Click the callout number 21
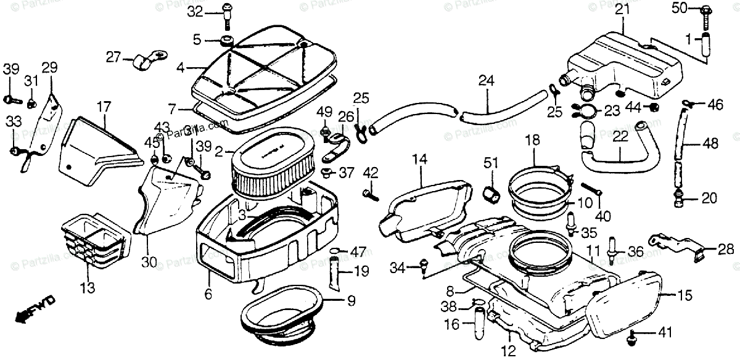pyautogui.click(x=622, y=9)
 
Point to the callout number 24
pyautogui.click(x=486, y=80)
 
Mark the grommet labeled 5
pyautogui.click(x=226, y=41)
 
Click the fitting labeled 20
pyautogui.click(x=680, y=198)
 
